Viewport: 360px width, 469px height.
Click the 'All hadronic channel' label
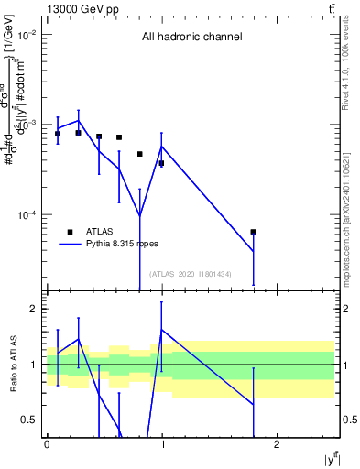[x=191, y=38]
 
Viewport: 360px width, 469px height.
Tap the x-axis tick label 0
[x=47, y=443]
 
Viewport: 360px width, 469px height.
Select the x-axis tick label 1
[x=162, y=443]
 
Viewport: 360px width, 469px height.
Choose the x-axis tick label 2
[x=278, y=443]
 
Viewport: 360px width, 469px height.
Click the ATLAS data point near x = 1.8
[x=254, y=232]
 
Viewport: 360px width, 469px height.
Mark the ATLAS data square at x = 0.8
[x=140, y=154]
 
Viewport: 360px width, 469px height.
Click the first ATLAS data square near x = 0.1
[x=58, y=134]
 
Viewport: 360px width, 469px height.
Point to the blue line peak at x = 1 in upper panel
[x=162, y=147]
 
